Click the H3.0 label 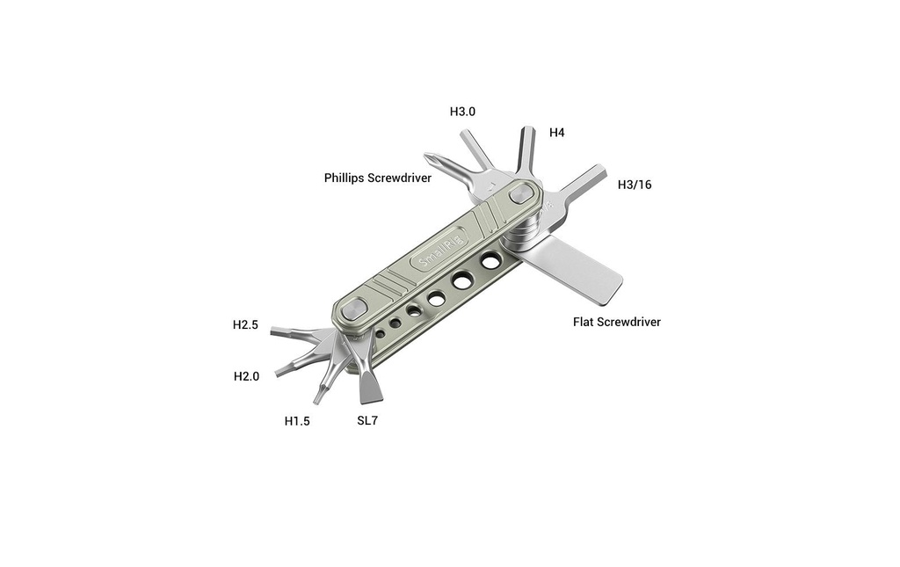click(462, 112)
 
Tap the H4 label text click(556, 133)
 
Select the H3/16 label click(635, 185)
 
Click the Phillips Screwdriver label click(378, 178)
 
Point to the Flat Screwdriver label click(616, 322)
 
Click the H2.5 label click(245, 325)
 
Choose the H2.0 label click(246, 376)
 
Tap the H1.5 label click(297, 421)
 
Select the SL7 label click(367, 421)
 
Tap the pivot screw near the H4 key click(522, 193)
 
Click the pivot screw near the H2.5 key click(353, 310)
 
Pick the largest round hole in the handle click(490, 261)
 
